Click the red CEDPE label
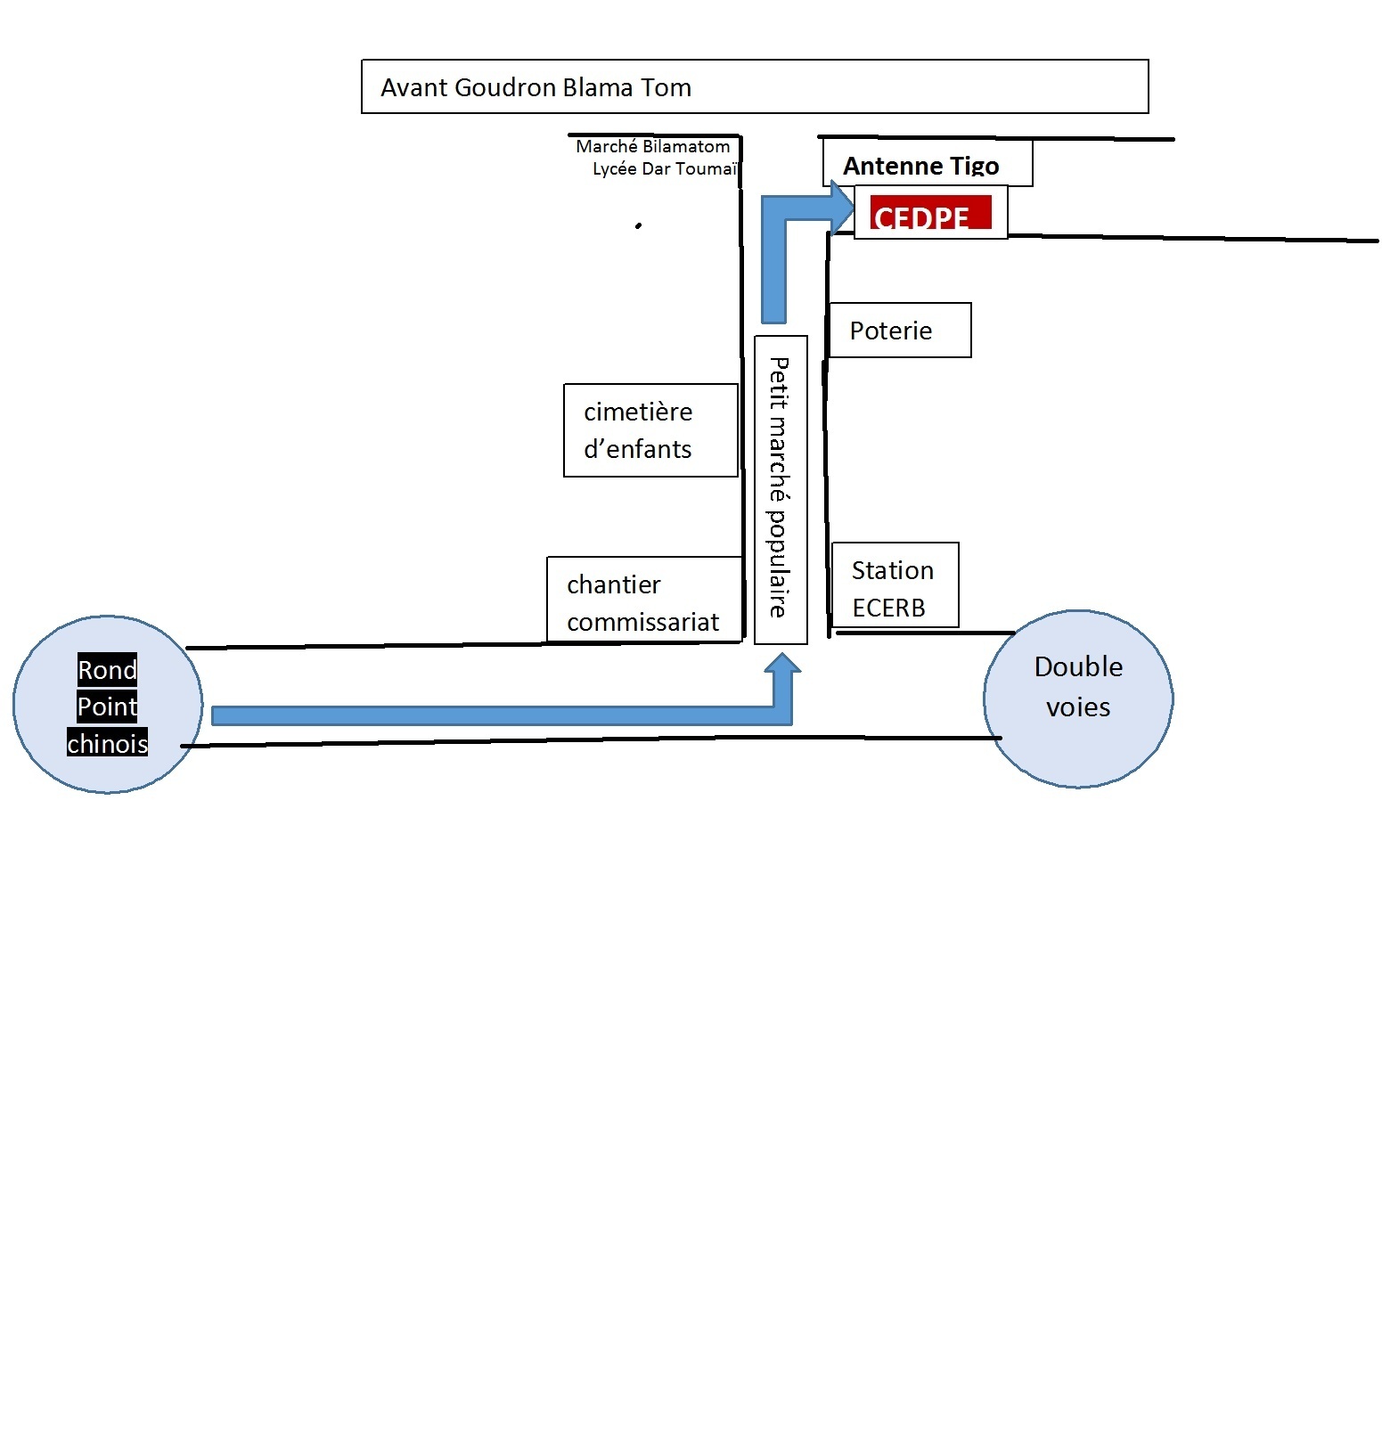[x=930, y=213]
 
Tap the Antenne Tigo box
[x=927, y=164]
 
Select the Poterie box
[x=899, y=331]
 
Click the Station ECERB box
[x=895, y=585]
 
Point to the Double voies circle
[x=1078, y=699]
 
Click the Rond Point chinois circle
[x=108, y=704]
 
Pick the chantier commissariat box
[x=644, y=600]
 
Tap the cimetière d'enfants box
[x=650, y=430]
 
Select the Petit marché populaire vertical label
[x=781, y=488]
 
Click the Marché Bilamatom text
[x=652, y=147]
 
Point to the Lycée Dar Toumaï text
[x=665, y=169]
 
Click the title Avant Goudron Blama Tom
[x=536, y=87]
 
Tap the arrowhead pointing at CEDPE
[x=841, y=207]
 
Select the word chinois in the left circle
[x=108, y=743]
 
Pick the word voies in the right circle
[x=1078, y=707]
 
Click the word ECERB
[x=888, y=608]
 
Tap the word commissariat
[x=642, y=622]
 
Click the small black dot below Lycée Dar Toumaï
[x=638, y=226]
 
